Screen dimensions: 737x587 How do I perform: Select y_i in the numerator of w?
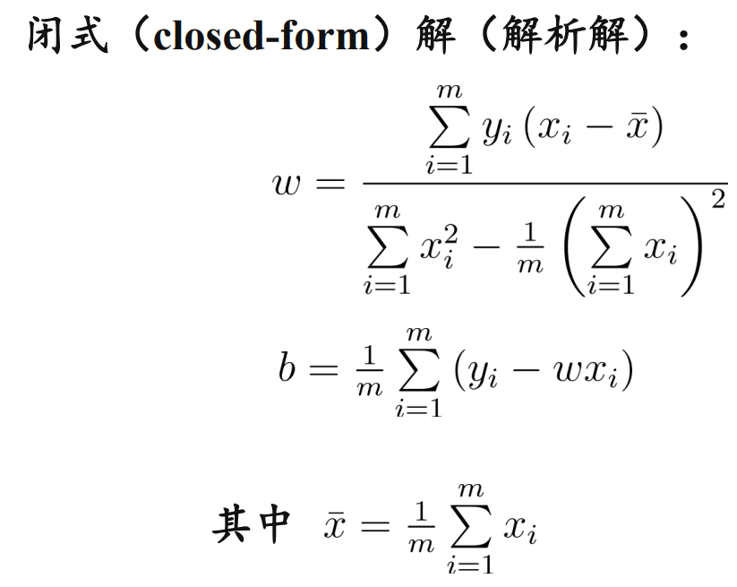point(495,132)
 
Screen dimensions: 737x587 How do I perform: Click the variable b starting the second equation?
point(287,367)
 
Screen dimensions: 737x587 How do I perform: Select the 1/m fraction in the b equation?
point(369,369)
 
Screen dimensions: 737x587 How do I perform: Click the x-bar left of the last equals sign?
point(333,526)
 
